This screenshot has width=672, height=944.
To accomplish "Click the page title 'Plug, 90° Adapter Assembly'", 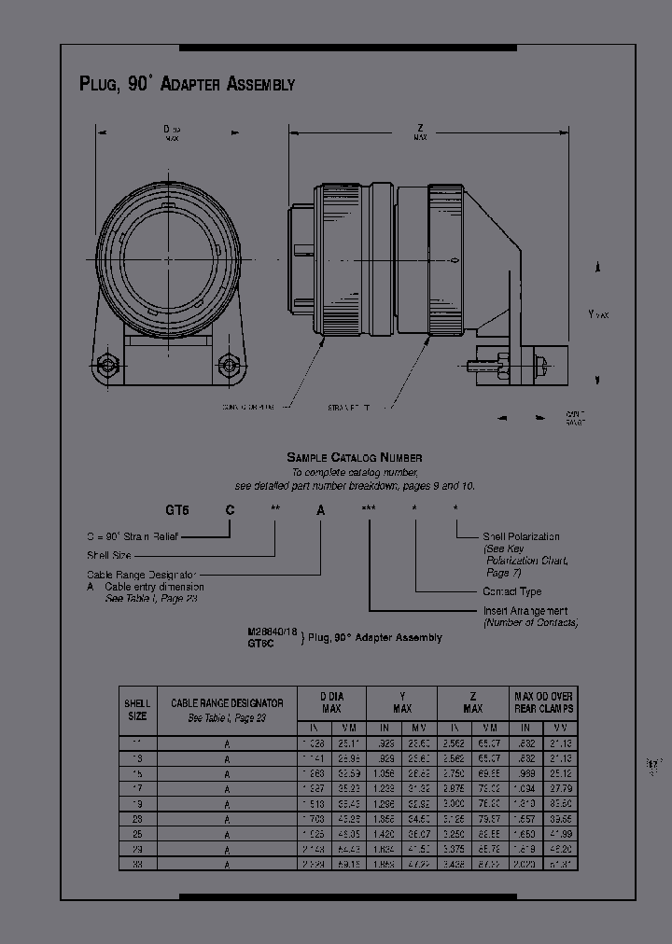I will point(187,84).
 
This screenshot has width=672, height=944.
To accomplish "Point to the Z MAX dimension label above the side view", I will point(421,132).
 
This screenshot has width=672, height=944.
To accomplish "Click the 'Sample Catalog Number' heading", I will point(354,457).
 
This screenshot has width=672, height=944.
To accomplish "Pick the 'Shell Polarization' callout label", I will point(521,536).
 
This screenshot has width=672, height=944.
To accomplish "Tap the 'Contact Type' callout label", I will point(511,591).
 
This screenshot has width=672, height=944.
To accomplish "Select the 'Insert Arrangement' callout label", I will point(525,611).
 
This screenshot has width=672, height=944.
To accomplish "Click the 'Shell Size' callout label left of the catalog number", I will point(111,555).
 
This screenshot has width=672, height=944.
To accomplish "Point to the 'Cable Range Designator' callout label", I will point(141,575).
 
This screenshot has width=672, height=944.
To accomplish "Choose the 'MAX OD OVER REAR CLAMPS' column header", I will point(543,702).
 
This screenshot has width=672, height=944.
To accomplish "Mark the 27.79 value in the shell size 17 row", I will point(559,788).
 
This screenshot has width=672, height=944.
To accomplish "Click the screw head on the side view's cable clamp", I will point(539,359).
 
